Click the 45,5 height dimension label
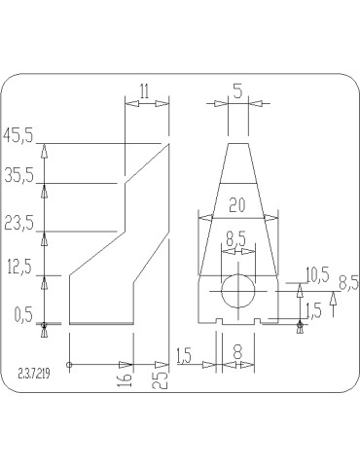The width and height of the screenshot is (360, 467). (18, 135)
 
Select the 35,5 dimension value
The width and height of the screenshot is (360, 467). (18, 176)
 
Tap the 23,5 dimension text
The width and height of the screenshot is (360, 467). (18, 224)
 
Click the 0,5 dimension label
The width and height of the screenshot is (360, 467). (23, 315)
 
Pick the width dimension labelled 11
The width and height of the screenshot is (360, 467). (144, 91)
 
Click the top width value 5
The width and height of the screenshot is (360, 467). (237, 91)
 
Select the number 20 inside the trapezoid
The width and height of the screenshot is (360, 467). (237, 205)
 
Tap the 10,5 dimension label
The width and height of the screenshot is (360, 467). (317, 274)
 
